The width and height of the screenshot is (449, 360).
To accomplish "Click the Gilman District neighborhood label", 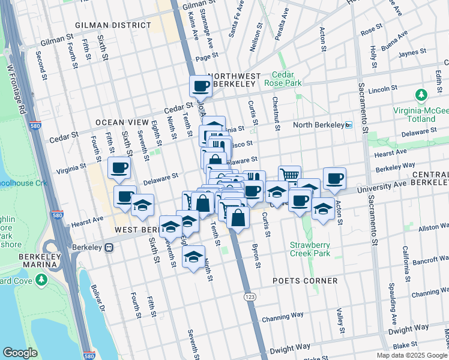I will (x=113, y=25).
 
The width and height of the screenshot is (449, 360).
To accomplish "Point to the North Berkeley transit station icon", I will (x=349, y=125).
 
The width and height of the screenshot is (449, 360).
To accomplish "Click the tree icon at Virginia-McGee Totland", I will (x=421, y=95).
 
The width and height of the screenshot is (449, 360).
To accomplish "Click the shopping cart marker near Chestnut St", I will (x=289, y=175).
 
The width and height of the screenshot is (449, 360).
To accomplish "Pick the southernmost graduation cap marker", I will (x=193, y=258).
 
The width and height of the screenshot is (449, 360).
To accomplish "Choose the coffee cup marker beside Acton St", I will (x=334, y=178).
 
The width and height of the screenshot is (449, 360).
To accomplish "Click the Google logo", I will (x=20, y=353).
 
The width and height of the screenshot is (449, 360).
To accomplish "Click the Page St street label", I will (x=206, y=57).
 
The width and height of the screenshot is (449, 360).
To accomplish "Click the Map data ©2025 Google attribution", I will (x=411, y=355).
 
